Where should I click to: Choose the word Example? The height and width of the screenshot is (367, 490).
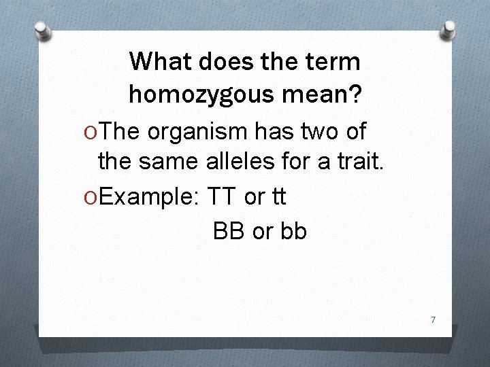pyautogui.click(x=149, y=197)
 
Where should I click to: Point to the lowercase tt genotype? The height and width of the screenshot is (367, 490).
pyautogui.click(x=277, y=197)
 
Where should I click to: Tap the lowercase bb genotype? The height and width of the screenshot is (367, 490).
pyautogui.click(x=291, y=231)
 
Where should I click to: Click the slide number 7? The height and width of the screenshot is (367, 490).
pyautogui.click(x=431, y=319)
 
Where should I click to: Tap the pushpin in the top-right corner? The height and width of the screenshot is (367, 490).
pyautogui.click(x=449, y=29)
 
